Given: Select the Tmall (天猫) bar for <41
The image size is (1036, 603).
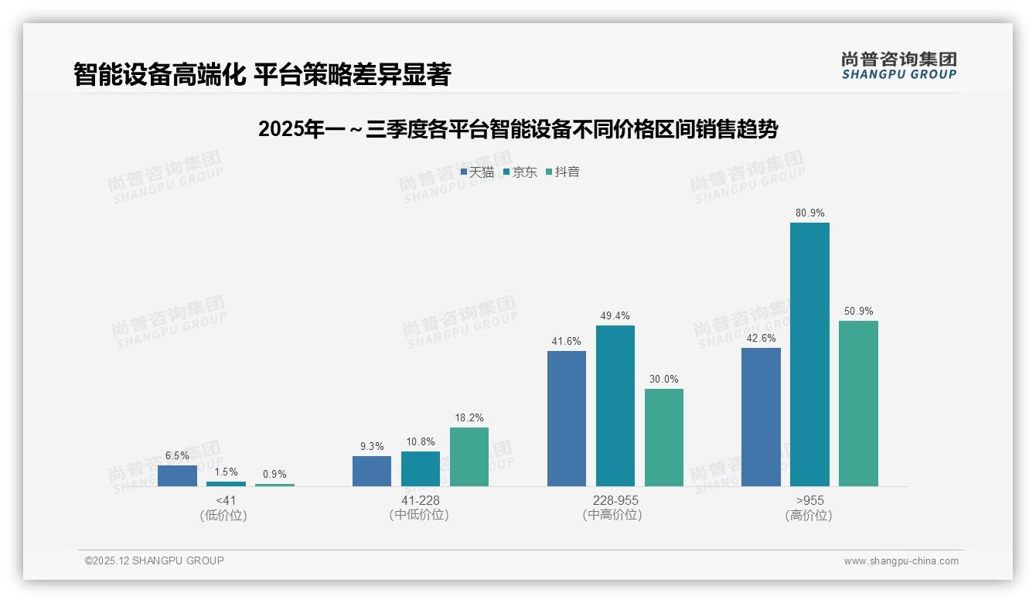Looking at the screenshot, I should click(x=177, y=475).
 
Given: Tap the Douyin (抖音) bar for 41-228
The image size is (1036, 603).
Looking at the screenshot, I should click(x=469, y=457).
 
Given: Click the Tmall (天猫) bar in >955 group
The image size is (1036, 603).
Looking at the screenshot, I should click(x=761, y=417).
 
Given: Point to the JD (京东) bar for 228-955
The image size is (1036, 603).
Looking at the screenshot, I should click(x=615, y=405).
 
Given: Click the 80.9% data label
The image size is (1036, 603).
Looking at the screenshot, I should click(x=809, y=213).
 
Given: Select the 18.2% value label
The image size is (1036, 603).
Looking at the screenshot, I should click(x=469, y=417).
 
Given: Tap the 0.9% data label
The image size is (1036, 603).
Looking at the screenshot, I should click(x=274, y=474).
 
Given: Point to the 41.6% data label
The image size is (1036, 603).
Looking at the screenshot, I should click(x=567, y=341).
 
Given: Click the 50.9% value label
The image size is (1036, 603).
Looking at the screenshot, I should click(x=858, y=311).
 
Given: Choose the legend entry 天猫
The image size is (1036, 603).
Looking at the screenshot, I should click(x=478, y=172).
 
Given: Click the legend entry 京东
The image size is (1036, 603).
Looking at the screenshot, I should click(x=520, y=172).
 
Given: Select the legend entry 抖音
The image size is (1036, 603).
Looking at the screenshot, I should click(x=563, y=172).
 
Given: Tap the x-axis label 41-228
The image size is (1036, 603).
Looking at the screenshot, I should click(x=420, y=501).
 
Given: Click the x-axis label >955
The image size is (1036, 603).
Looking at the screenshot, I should click(x=809, y=501).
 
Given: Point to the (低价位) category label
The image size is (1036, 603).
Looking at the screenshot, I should click(x=224, y=515).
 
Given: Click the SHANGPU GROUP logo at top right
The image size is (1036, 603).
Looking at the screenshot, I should click(x=899, y=66).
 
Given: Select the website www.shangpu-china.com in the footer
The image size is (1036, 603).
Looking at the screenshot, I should click(x=901, y=561).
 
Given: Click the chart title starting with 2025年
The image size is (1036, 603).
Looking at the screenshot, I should click(x=517, y=129).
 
